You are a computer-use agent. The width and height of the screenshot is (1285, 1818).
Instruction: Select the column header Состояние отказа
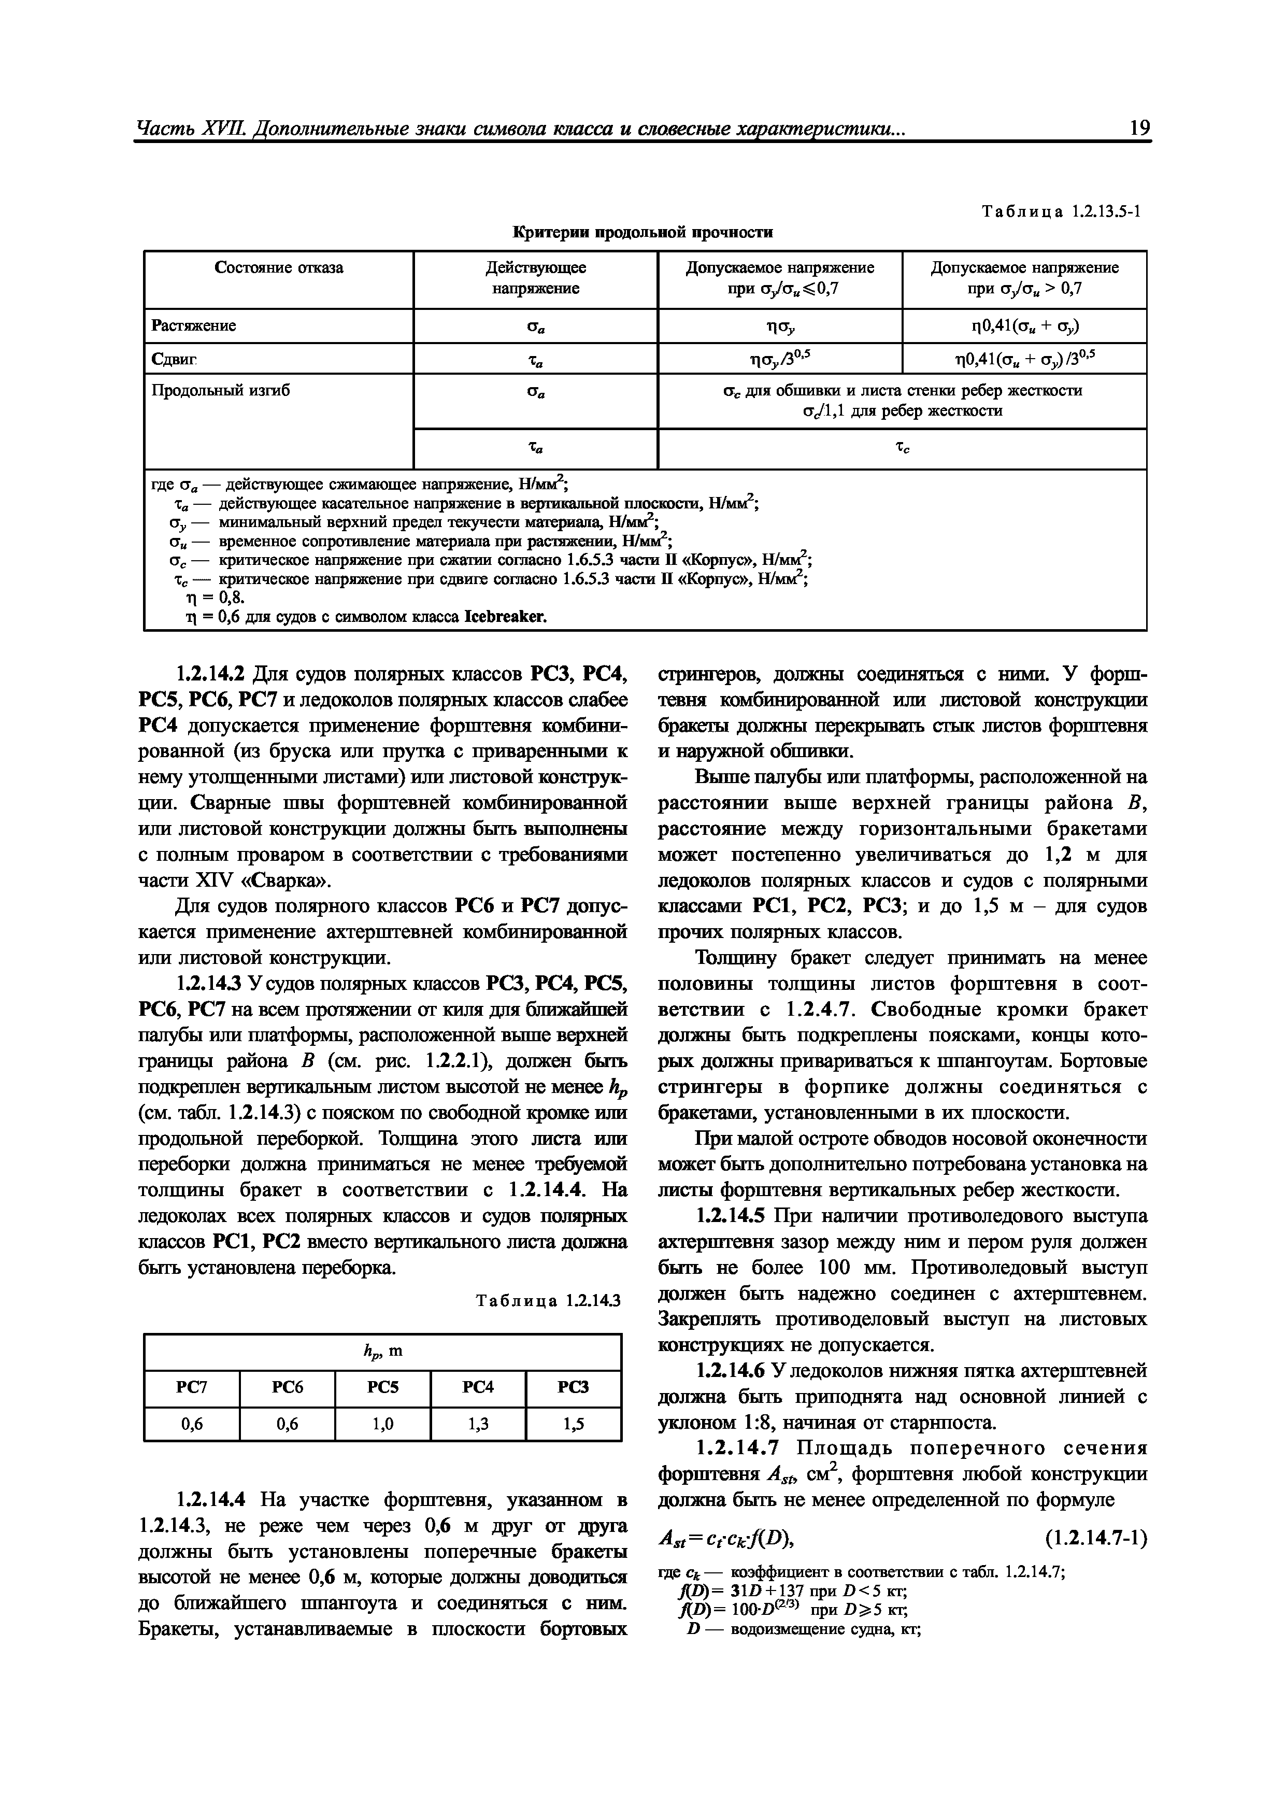[x=279, y=267]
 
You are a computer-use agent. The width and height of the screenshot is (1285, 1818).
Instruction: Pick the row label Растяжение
[x=193, y=325]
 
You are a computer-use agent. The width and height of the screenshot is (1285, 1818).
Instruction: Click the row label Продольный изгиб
[x=220, y=390]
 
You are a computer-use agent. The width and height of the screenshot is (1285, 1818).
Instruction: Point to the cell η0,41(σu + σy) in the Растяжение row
[x=1024, y=325]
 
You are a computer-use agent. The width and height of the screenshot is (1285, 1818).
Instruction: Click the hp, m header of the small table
[x=382, y=1351]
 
